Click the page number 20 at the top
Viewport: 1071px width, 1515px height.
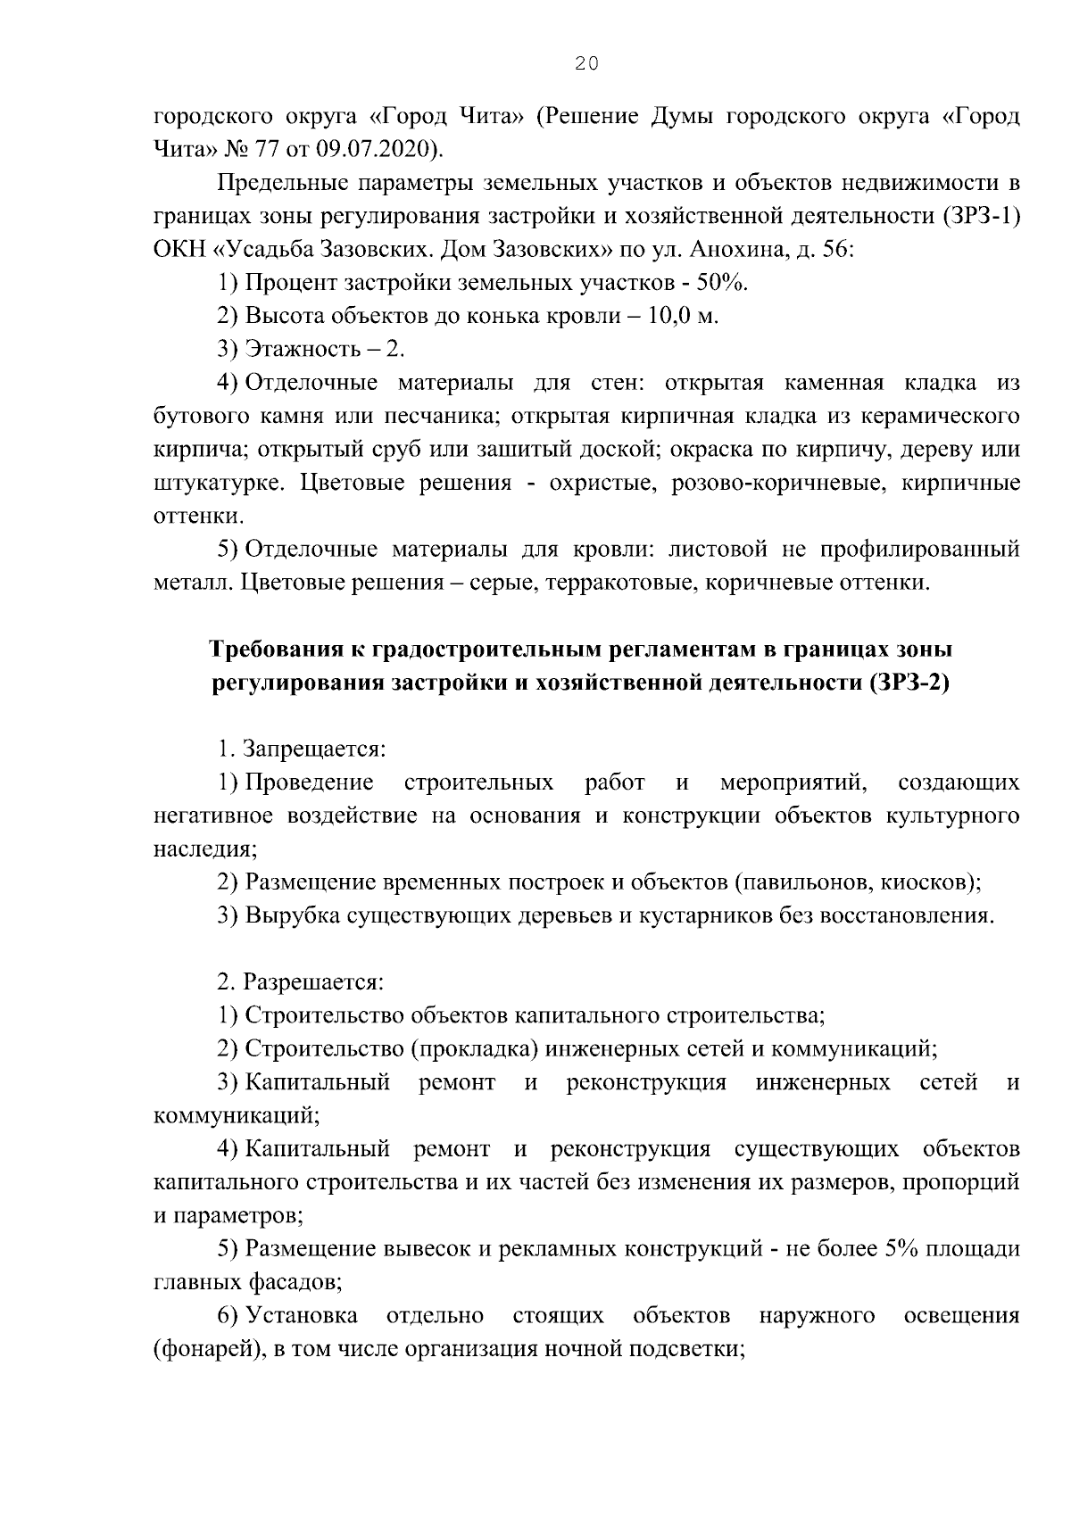[x=585, y=62]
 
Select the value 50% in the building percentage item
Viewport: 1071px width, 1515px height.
[x=722, y=283]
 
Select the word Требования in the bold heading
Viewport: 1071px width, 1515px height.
[x=274, y=650]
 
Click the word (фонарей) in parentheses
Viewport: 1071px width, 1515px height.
[x=206, y=1348]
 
